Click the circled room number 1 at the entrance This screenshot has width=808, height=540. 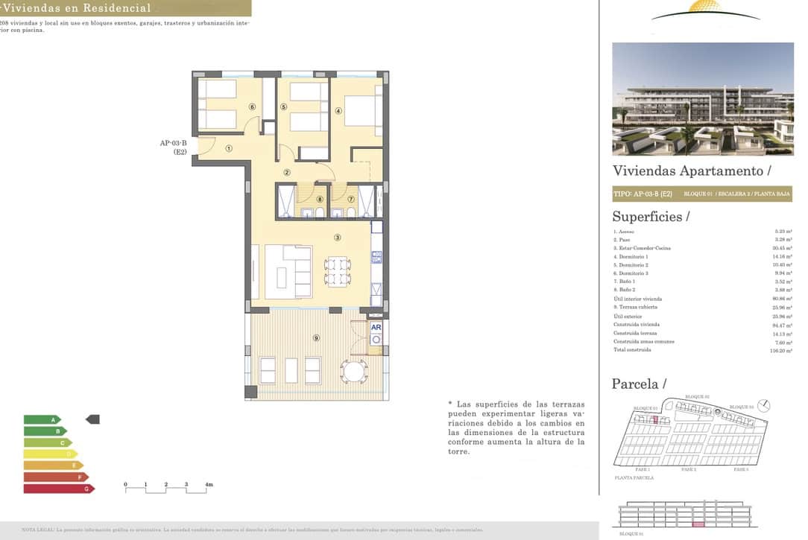(x=229, y=148)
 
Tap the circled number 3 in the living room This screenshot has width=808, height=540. (x=338, y=238)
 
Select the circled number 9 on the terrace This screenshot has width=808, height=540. (x=317, y=338)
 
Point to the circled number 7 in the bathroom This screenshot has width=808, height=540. (x=350, y=199)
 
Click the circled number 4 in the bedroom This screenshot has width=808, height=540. (x=338, y=111)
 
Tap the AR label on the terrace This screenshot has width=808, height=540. (x=376, y=327)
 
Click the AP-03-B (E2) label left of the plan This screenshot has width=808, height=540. (x=173, y=148)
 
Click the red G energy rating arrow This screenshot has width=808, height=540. (x=59, y=489)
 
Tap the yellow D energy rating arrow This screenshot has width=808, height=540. (x=51, y=454)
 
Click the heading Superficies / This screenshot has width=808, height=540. (x=651, y=217)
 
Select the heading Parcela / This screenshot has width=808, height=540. (x=640, y=384)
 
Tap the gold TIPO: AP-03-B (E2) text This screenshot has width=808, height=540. (x=643, y=194)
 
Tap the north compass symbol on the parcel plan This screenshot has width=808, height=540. (x=767, y=406)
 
